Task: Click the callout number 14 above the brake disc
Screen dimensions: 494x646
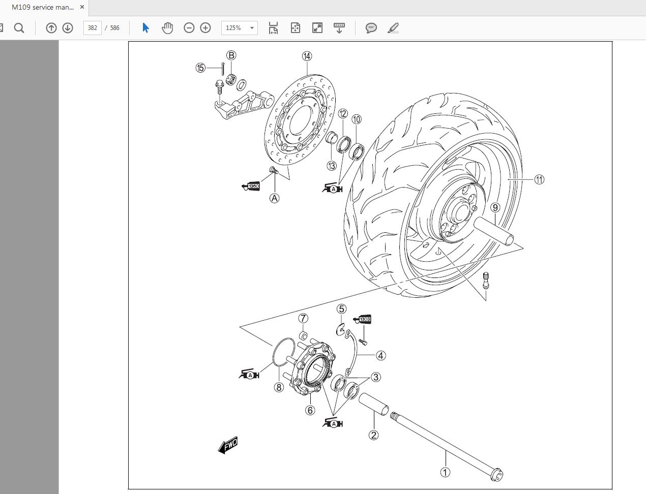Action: [x=307, y=56]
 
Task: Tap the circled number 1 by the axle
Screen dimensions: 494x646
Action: [x=445, y=472]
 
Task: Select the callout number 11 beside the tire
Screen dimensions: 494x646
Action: [x=539, y=179]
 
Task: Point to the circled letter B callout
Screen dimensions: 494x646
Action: [x=231, y=55]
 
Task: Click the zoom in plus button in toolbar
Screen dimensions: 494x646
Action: [x=205, y=28]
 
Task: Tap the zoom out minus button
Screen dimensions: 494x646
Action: [x=189, y=28]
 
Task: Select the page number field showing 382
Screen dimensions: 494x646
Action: [x=93, y=28]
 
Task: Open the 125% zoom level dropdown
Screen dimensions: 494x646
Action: [x=239, y=28]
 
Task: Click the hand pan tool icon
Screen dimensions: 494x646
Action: [x=167, y=28]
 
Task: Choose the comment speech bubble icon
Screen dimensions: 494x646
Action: [x=371, y=28]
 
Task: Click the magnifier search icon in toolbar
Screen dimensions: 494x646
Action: [x=19, y=28]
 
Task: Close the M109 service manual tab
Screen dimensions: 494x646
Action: [x=82, y=7]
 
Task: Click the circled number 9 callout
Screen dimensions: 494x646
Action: [x=495, y=207]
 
